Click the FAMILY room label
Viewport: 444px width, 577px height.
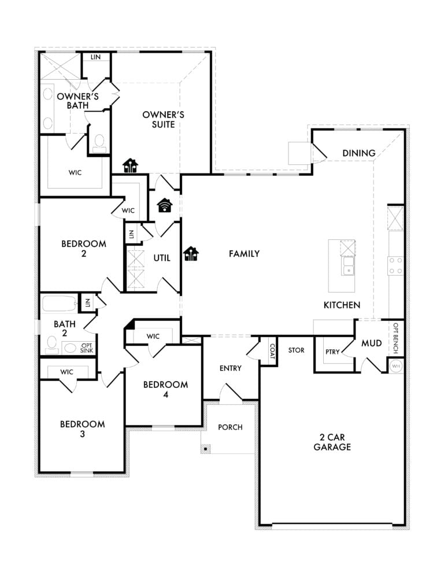click(x=244, y=254)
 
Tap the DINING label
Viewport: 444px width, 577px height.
click(x=358, y=153)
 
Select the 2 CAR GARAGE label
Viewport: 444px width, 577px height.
click(x=332, y=442)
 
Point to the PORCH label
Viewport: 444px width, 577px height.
click(x=230, y=427)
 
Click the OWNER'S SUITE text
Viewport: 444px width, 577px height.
click(x=164, y=119)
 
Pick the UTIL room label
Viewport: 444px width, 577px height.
click(x=162, y=258)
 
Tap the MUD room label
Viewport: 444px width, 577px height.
click(x=371, y=343)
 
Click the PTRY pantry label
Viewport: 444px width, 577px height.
click(x=332, y=352)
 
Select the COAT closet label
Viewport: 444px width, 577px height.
click(x=272, y=352)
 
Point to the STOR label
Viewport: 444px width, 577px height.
click(x=296, y=350)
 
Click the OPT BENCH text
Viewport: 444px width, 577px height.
click(x=396, y=338)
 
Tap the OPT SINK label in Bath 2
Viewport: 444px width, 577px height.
click(x=87, y=348)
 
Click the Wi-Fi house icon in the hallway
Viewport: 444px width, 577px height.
click(x=164, y=205)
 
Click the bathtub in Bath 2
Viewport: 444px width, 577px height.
click(x=59, y=304)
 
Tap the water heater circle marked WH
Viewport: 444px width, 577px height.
click(x=396, y=366)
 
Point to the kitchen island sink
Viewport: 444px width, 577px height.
click(x=347, y=266)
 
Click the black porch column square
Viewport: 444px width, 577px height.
click(x=206, y=449)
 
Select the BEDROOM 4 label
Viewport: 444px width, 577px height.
click(x=165, y=389)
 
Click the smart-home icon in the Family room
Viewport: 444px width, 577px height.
click(x=191, y=254)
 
